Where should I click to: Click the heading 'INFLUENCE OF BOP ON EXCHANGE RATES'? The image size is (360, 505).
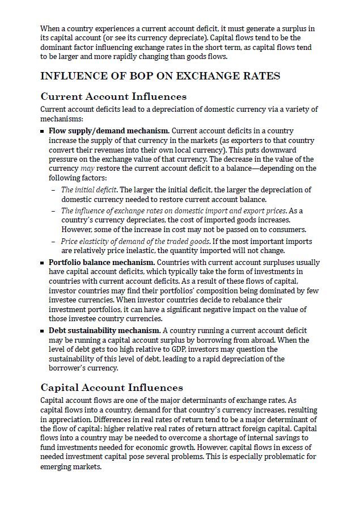(x=160, y=76)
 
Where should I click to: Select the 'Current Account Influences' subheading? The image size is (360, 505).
(x=113, y=96)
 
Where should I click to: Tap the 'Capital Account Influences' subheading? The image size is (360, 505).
(x=112, y=388)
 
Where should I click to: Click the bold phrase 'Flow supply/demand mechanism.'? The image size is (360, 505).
(x=109, y=131)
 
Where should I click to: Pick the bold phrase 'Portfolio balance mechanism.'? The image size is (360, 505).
(x=101, y=263)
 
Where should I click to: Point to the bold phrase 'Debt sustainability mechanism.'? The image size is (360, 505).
(x=104, y=330)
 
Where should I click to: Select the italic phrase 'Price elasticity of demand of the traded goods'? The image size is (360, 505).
(x=135, y=241)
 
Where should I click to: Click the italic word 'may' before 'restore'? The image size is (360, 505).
(x=87, y=169)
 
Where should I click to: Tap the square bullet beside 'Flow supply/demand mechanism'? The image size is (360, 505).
(x=43, y=132)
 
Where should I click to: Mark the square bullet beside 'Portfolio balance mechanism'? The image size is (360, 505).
(x=43, y=263)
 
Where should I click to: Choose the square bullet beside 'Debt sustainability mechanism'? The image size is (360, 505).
(x=43, y=331)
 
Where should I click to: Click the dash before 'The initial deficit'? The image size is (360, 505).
(x=53, y=190)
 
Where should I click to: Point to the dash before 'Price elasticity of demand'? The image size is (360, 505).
(x=53, y=241)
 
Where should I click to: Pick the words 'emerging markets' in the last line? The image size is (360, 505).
(x=70, y=466)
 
